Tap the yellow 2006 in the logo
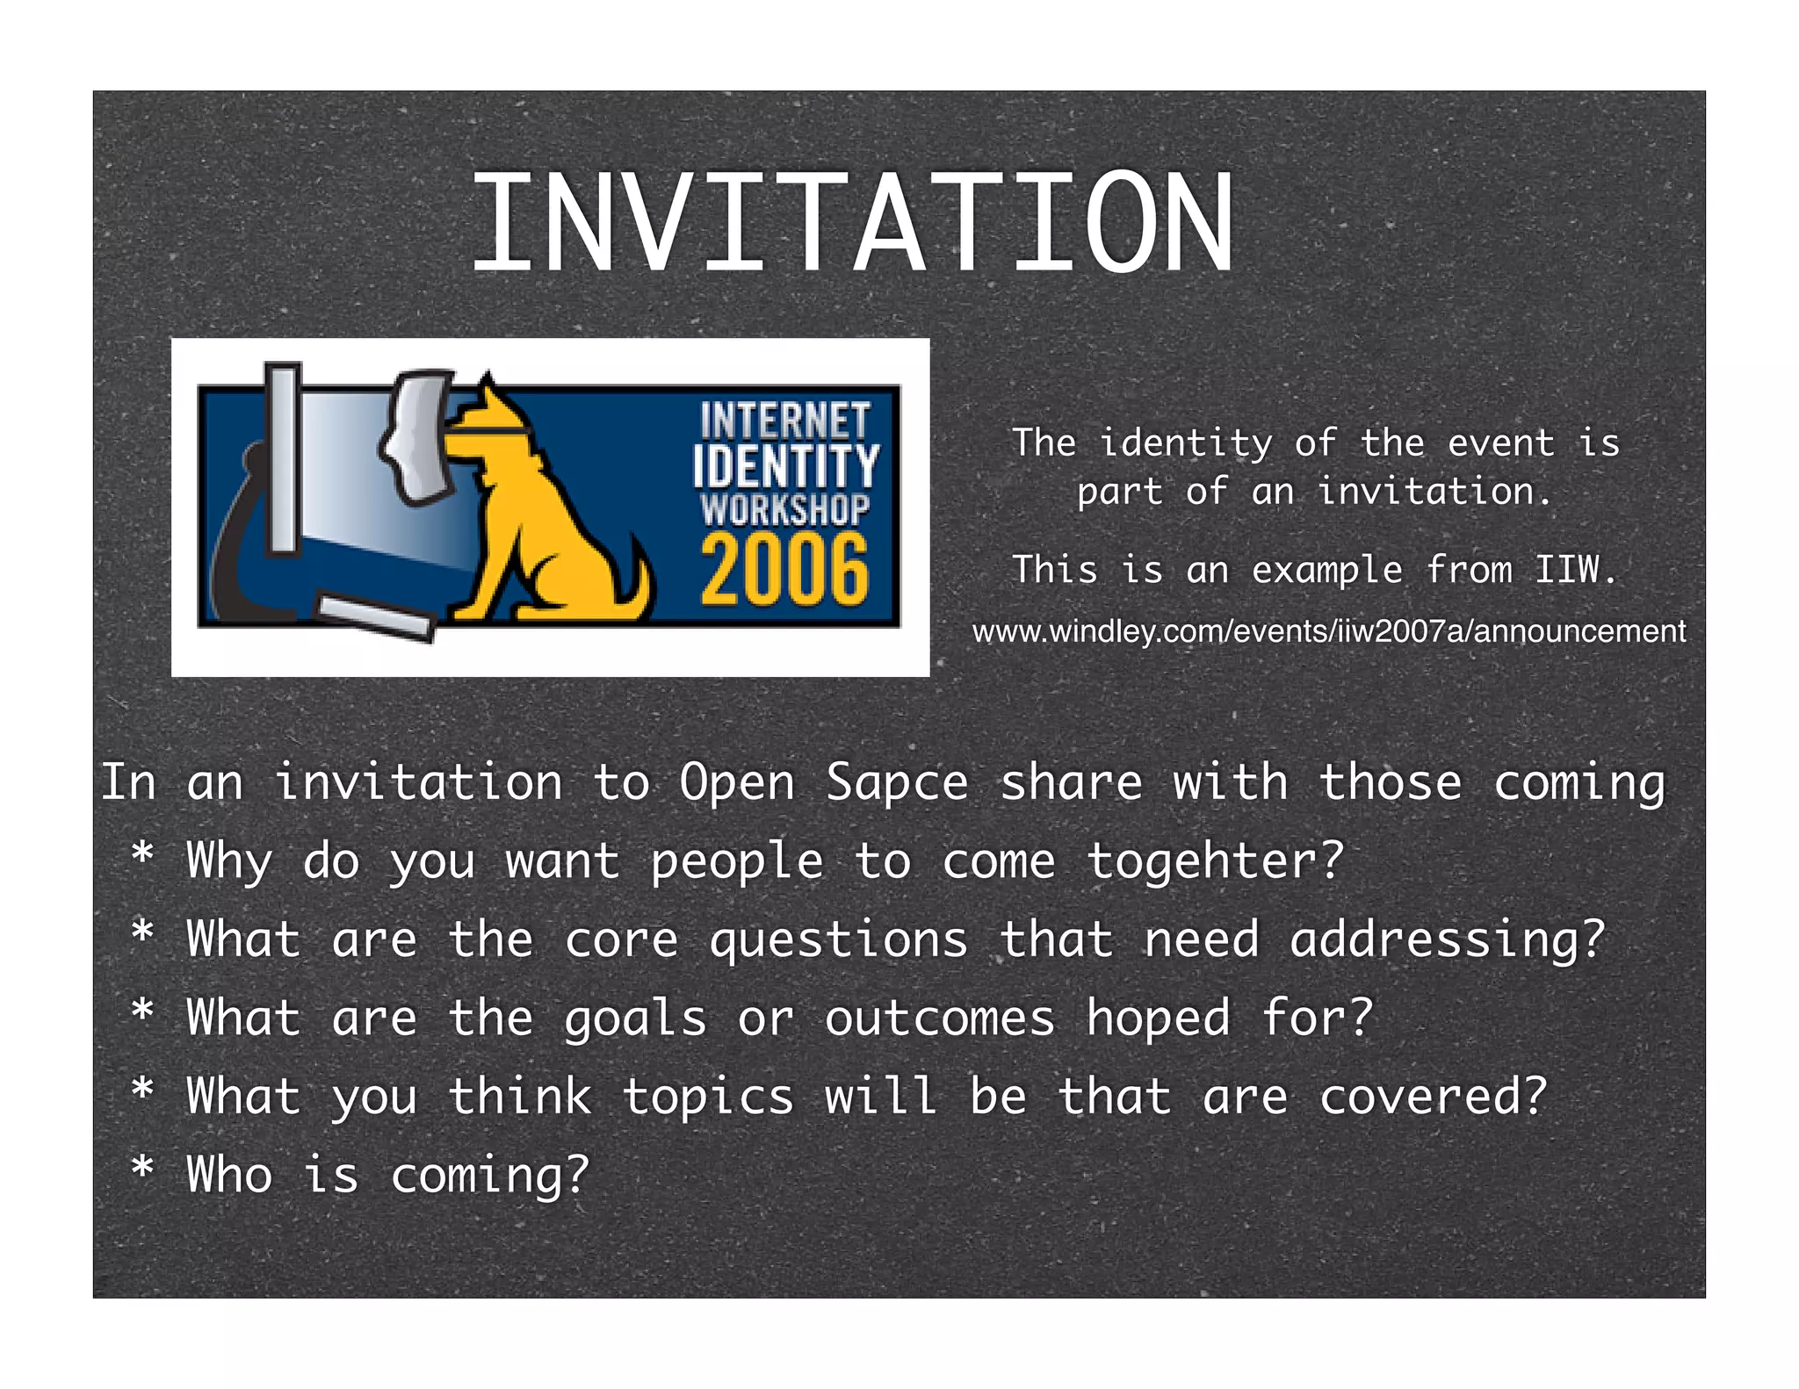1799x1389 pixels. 784,571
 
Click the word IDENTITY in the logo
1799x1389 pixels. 785,465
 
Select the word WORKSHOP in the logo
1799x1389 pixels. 785,509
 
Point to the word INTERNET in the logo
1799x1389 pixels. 785,421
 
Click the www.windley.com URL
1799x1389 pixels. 1328,631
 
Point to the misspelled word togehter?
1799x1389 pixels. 1216,860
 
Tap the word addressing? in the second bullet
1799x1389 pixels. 1447,939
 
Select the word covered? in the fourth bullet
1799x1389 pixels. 1433,1097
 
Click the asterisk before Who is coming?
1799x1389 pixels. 142,1168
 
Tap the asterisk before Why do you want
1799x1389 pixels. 142,853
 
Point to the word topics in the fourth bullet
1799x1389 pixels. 708,1097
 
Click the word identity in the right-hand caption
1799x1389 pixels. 1185,443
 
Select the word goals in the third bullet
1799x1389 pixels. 635,1019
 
